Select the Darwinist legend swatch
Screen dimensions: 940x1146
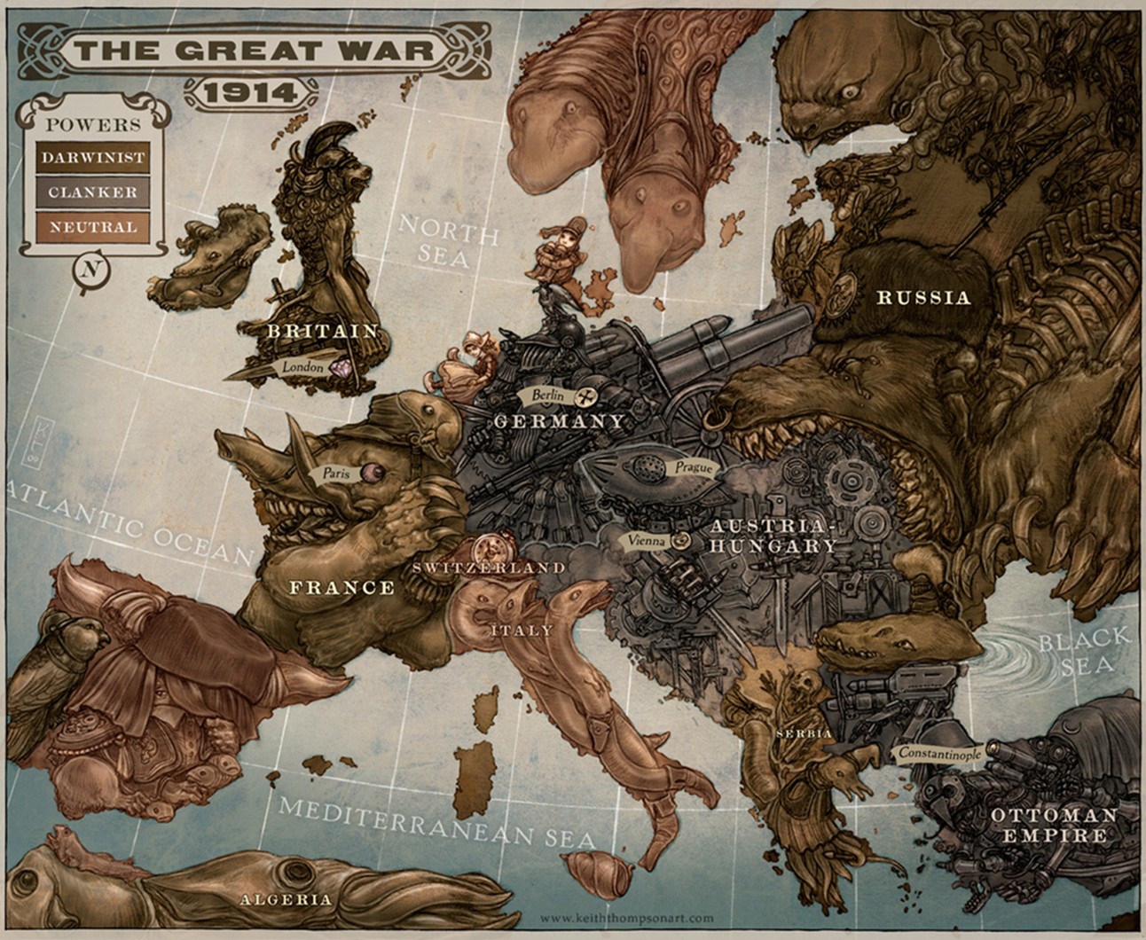tap(92, 158)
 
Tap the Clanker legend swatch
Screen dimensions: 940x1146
tap(92, 192)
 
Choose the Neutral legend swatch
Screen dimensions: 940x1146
tap(92, 227)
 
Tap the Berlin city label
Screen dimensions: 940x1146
tap(543, 395)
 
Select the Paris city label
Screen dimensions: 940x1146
tap(336, 474)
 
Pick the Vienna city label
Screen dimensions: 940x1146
tap(646, 539)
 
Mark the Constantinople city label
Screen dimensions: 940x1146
tap(940, 754)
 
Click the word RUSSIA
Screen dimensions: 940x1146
tap(923, 298)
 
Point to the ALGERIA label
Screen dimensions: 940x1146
tap(286, 899)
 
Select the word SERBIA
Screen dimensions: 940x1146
tap(803, 734)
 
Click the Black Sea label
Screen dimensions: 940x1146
tap(1085, 652)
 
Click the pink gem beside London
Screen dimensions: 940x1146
tap(341, 365)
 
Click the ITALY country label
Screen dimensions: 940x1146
tap(521, 631)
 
